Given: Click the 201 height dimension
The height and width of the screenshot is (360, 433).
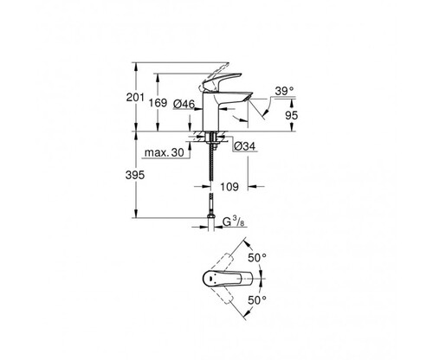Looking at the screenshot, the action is coord(135,98).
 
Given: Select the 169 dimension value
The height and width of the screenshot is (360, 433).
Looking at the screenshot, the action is coord(158,103).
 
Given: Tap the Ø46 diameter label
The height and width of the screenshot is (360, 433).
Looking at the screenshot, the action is coord(184,104).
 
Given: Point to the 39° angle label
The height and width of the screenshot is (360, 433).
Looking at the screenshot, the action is coord(284,91).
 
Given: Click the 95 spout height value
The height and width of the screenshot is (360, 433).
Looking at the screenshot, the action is coord(291,115).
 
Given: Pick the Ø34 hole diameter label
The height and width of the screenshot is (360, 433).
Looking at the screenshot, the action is coord(245,146).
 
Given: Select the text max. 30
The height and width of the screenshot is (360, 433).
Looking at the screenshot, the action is coord(164,152).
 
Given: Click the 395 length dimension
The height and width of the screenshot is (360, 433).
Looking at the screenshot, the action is coord(135,175).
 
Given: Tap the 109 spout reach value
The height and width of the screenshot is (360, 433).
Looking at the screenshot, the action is coord(229,187).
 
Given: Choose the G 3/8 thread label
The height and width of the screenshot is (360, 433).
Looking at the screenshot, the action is coord(234,222).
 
